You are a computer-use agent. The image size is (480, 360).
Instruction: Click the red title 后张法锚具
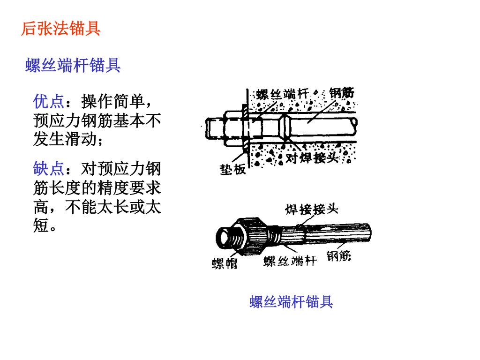tap(60, 29)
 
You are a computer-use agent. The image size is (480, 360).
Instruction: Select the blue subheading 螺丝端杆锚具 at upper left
tap(73, 65)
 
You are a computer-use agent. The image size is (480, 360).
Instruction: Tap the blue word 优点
tap(49, 101)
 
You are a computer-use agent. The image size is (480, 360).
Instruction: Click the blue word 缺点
tap(49, 169)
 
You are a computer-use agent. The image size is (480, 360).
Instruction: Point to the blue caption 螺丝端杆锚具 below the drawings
tap(291, 301)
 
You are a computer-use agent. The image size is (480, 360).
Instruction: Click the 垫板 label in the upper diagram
tap(233, 169)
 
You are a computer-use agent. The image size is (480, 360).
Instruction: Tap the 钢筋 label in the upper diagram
tap(342, 93)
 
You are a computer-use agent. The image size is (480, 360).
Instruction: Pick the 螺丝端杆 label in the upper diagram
tap(283, 94)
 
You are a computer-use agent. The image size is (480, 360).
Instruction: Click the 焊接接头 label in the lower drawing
tap(312, 210)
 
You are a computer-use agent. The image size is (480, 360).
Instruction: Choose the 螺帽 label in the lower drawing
tap(225, 263)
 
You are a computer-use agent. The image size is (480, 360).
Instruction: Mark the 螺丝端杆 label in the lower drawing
tap(290, 261)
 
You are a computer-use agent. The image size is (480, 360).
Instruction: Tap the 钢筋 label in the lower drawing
tap(338, 256)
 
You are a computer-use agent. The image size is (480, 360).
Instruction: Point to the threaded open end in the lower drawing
tap(227, 238)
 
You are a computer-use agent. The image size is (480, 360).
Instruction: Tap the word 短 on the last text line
tap(41, 225)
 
